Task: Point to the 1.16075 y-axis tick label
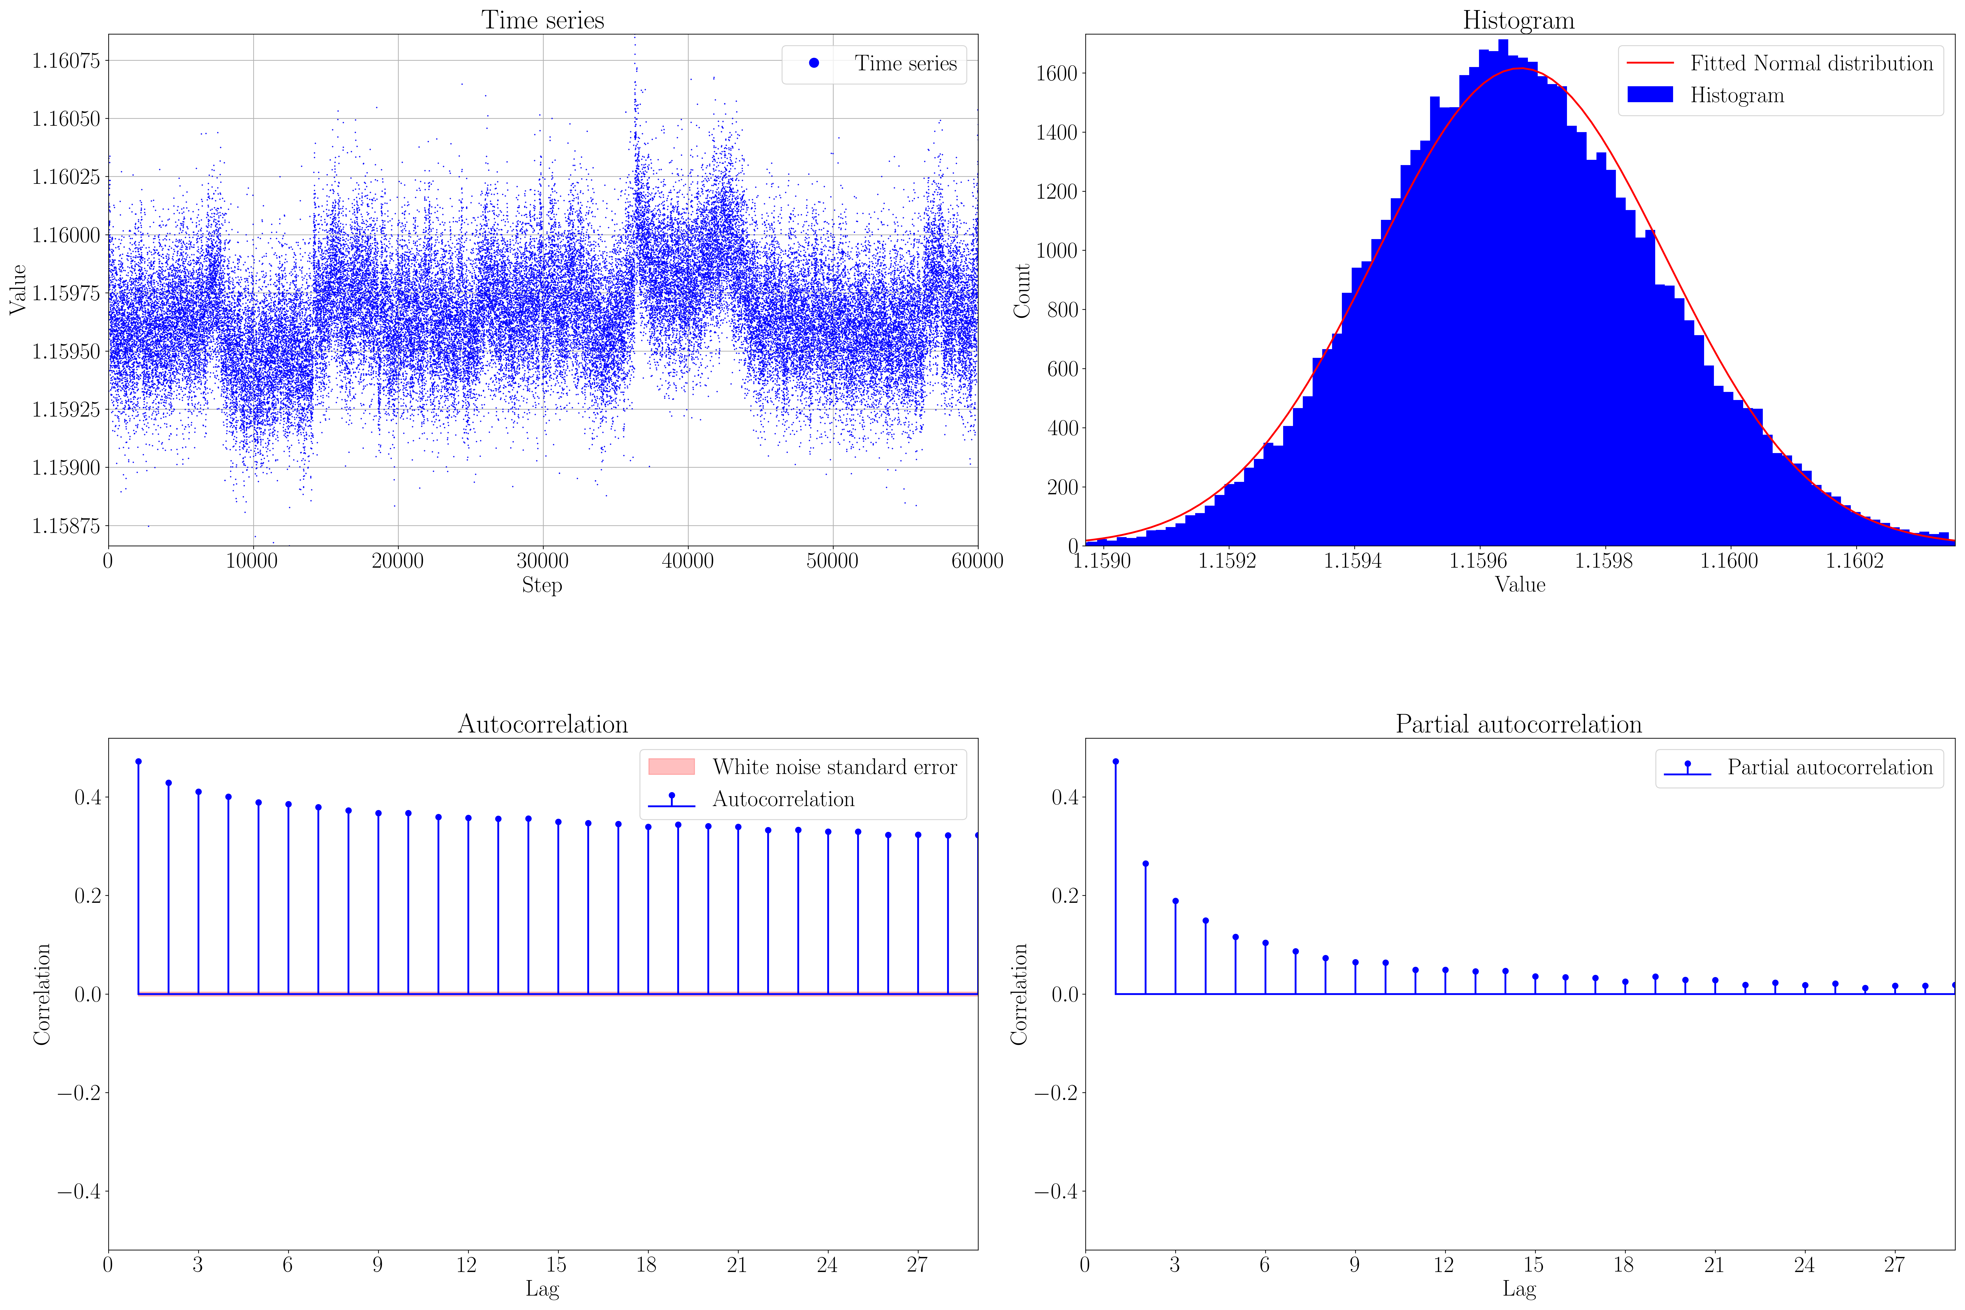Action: coord(65,60)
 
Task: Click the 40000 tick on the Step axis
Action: coord(688,561)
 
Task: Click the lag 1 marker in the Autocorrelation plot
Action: coord(139,762)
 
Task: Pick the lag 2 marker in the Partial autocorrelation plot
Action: coord(1145,864)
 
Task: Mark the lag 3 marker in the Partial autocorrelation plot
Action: coord(1176,901)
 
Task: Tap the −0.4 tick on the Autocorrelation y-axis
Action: coord(79,1191)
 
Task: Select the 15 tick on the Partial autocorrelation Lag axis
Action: coord(1533,1265)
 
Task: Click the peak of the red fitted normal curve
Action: coord(1519,69)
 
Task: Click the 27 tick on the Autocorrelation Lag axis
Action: coord(917,1265)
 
